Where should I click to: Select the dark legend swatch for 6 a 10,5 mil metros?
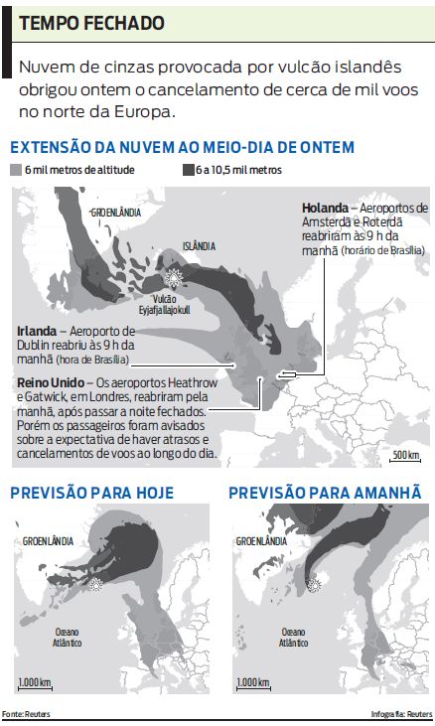pyautogui.click(x=186, y=170)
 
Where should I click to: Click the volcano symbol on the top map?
pyautogui.click(x=174, y=275)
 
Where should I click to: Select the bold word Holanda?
pyautogui.click(x=323, y=208)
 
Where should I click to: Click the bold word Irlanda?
pyautogui.click(x=35, y=331)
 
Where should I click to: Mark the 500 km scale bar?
pyautogui.click(x=405, y=456)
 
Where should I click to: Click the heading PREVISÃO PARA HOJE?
pyautogui.click(x=91, y=493)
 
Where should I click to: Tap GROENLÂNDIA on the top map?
pyautogui.click(x=115, y=213)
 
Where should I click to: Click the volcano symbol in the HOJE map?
pyautogui.click(x=96, y=585)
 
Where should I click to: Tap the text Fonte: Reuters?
pyautogui.click(x=25, y=714)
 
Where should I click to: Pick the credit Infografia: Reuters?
pyautogui.click(x=401, y=714)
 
